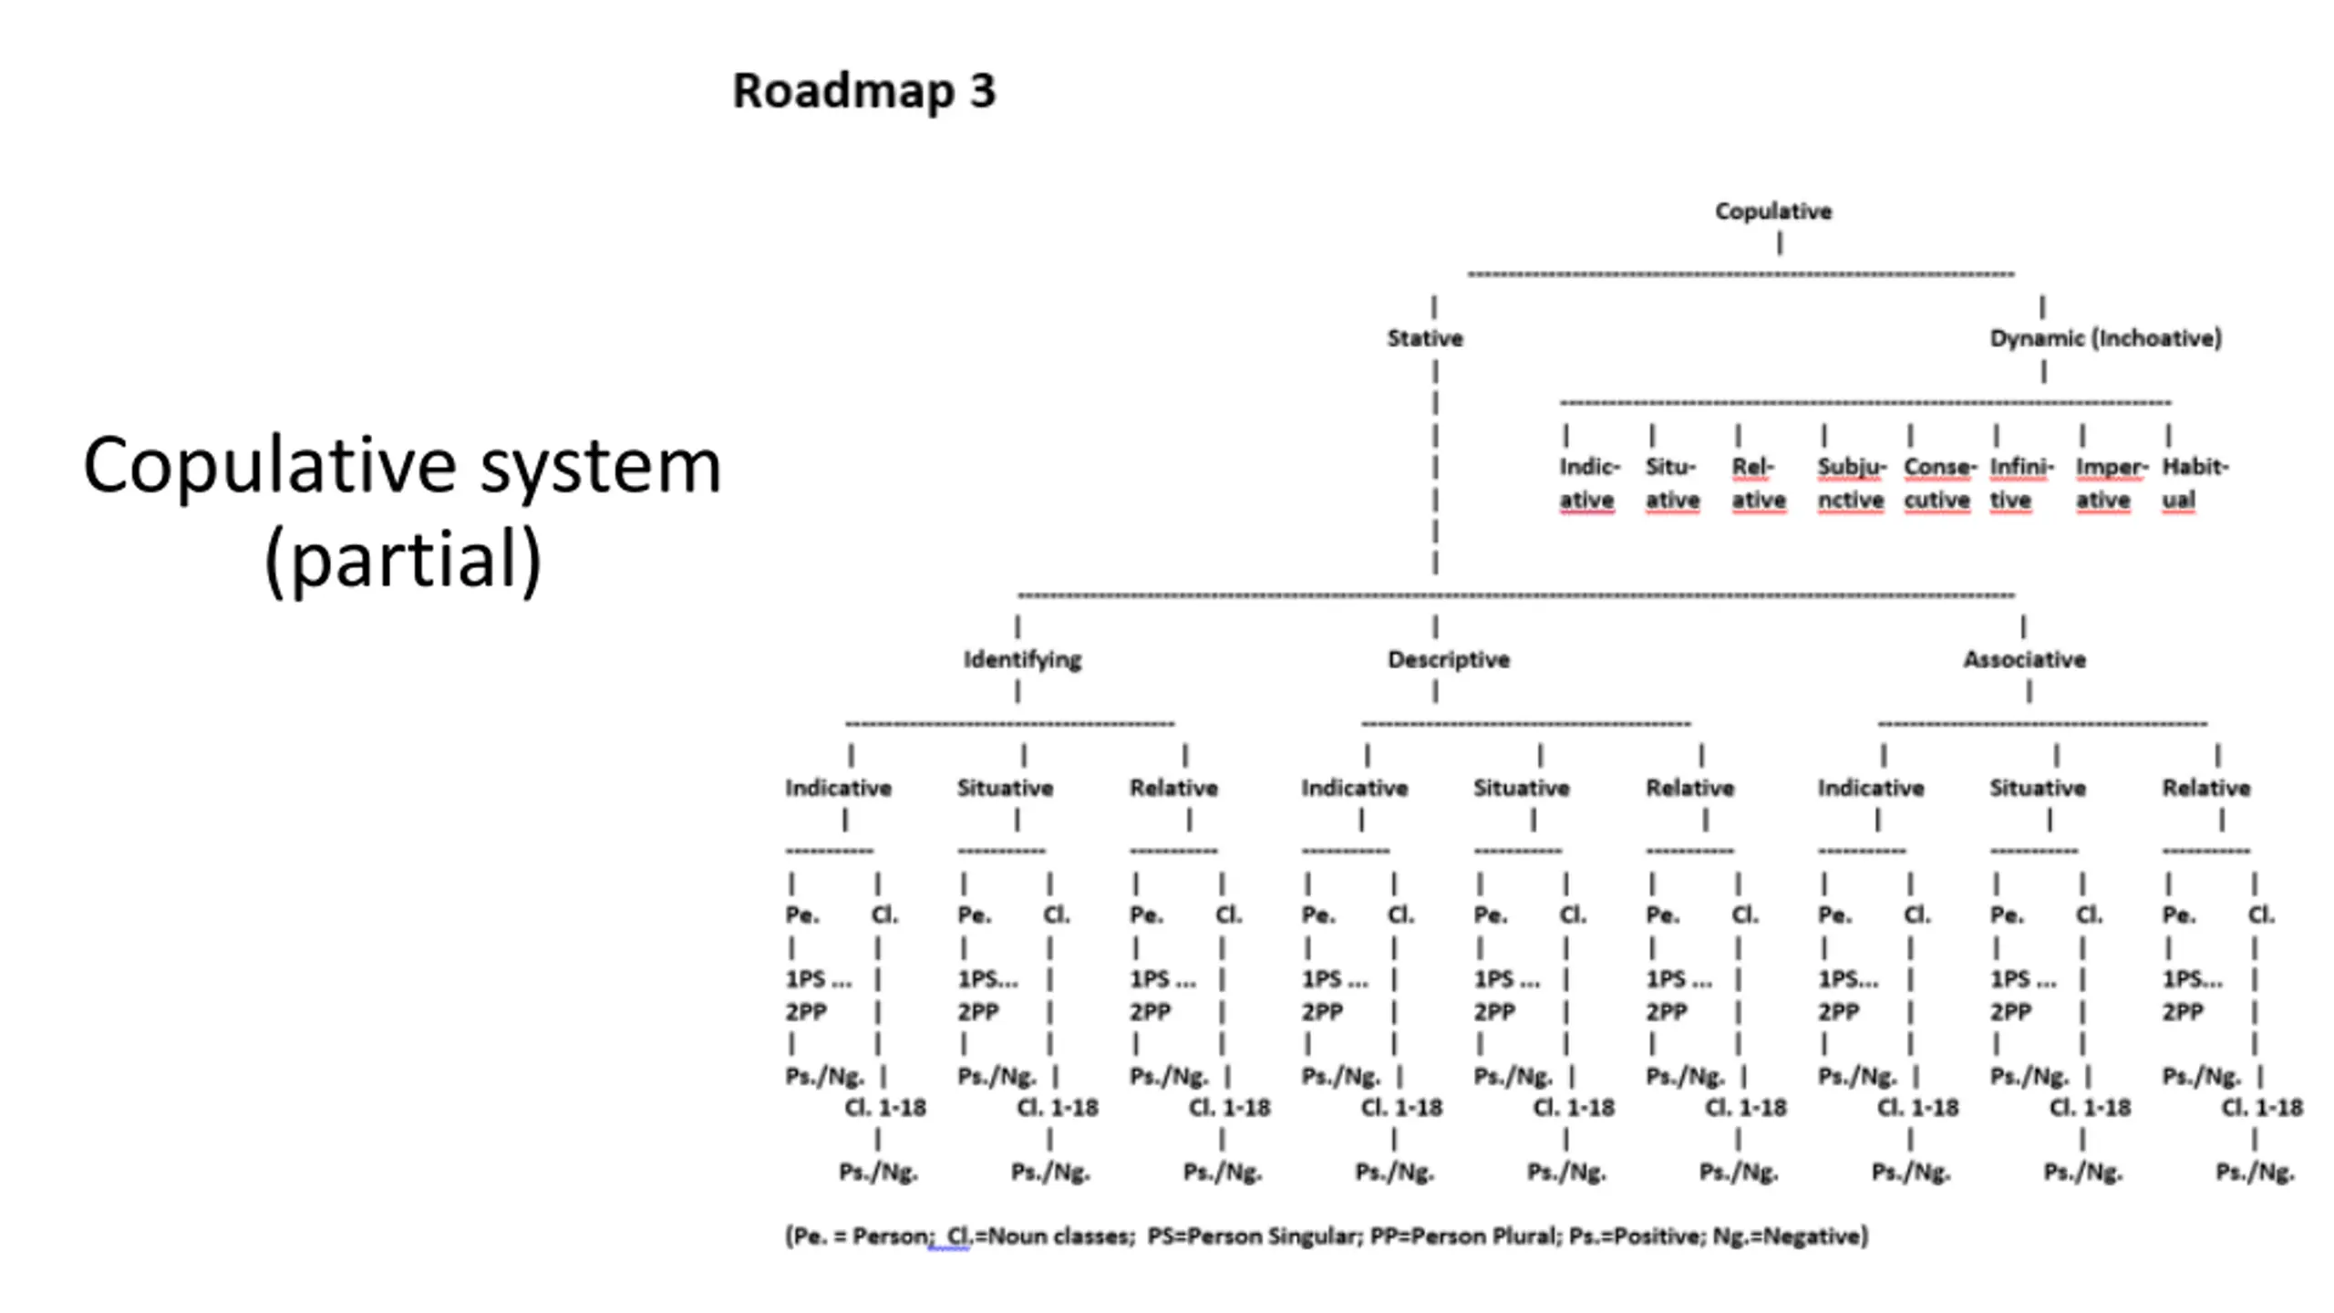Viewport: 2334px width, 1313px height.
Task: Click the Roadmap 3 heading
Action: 864,91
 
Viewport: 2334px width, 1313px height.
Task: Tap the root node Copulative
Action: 1773,212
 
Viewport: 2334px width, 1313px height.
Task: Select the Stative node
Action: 1425,338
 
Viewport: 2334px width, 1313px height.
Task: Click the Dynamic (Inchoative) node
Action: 2105,338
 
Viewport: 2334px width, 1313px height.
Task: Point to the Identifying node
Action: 1022,660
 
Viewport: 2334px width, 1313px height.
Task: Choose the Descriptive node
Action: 1449,660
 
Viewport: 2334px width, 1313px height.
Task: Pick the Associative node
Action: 2024,660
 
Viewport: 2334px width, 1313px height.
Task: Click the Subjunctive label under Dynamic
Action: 1851,483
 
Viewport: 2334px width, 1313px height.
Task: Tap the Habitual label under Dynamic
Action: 2195,483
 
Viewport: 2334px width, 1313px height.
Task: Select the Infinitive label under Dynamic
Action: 2021,483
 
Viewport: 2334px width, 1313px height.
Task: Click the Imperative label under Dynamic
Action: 2112,483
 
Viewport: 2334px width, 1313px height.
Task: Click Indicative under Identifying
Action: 838,788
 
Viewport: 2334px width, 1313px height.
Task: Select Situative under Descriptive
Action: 1521,788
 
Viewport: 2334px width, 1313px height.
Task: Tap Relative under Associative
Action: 2205,788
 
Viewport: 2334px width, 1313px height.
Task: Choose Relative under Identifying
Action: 1173,788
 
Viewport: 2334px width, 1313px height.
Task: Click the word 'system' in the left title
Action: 601,467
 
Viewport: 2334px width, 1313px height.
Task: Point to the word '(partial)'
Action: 403,559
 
